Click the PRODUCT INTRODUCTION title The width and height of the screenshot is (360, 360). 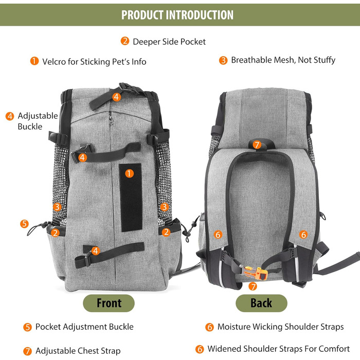tap(177, 14)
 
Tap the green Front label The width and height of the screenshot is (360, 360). tap(109, 303)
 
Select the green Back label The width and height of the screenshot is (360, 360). tap(261, 303)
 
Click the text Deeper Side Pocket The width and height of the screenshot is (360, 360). tap(169, 41)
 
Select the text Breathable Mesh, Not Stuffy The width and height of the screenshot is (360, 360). tap(283, 60)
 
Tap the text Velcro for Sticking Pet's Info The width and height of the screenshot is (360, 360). tap(94, 62)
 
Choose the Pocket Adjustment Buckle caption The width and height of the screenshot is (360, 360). tap(84, 327)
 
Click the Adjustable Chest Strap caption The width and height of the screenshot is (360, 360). tap(78, 351)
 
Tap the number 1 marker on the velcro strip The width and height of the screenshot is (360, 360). tap(130, 173)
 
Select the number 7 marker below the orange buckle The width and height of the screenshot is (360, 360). tap(253, 286)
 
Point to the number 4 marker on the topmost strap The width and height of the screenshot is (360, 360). tap(117, 96)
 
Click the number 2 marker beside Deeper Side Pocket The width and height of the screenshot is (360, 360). tap(125, 41)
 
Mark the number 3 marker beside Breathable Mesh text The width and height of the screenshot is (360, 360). tap(223, 60)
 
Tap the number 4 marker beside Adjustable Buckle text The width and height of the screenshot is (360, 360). tap(10, 116)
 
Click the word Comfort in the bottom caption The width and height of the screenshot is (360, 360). tap(335, 350)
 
